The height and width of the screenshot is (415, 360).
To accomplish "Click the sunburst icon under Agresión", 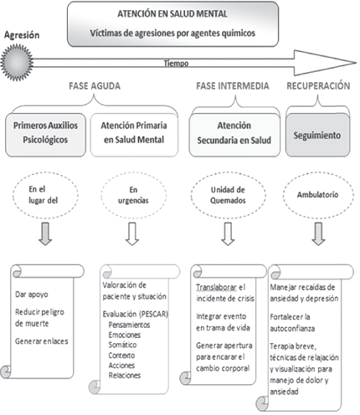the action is (17, 62).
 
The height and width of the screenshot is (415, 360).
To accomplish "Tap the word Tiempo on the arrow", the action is (176, 64).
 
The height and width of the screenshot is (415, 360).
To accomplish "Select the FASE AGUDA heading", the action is (95, 86).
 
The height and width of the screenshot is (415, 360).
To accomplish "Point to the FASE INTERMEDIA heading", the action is (233, 86).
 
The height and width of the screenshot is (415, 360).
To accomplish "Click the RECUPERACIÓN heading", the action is (318, 86).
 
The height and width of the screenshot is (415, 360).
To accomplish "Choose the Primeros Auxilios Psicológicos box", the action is (45, 135).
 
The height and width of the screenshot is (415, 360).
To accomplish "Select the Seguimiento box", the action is (317, 136).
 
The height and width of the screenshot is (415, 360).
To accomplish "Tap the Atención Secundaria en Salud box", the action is (234, 135).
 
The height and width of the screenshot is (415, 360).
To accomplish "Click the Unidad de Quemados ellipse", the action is (229, 195).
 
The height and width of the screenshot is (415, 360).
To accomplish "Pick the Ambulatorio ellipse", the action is (318, 195).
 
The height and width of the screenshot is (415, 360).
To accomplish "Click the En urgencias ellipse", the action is (133, 195).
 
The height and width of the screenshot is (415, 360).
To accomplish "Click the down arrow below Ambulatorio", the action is (318, 234).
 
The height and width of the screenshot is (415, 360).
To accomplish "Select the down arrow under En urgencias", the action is (132, 234).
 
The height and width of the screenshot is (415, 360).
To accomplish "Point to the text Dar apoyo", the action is (32, 295).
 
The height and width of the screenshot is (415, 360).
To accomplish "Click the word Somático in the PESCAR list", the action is (122, 345).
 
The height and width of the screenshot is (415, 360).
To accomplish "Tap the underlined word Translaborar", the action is (216, 288).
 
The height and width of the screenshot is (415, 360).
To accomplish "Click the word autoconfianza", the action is (292, 329).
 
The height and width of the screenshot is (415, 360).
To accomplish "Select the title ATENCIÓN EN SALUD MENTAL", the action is (172, 14).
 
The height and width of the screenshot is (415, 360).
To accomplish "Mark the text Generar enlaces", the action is (42, 341).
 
